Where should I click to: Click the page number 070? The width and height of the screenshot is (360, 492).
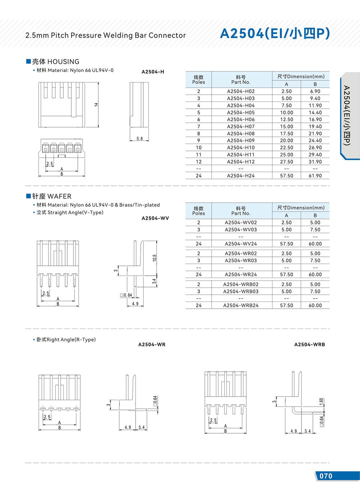[326, 476]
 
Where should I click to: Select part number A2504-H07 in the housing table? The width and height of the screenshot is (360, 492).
[240, 126]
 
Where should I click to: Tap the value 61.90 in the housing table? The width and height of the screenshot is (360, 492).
[315, 176]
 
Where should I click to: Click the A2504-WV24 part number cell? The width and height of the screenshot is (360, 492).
[240, 244]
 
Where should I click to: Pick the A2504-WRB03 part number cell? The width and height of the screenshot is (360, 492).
[240, 291]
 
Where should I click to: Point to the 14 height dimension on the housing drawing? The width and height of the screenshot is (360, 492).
[96, 104]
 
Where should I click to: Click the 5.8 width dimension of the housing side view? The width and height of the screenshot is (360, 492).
[139, 139]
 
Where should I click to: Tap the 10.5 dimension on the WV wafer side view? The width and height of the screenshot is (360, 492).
[154, 258]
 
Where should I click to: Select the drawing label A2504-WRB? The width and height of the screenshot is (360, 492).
[309, 345]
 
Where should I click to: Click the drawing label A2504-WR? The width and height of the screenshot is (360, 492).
[152, 345]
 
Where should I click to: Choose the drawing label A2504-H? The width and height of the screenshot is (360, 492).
[153, 72]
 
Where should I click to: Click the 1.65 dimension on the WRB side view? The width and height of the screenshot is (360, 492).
[321, 401]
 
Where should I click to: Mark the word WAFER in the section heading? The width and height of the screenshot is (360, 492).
[59, 196]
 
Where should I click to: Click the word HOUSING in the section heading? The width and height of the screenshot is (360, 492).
[63, 62]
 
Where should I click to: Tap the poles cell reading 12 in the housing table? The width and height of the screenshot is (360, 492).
[198, 162]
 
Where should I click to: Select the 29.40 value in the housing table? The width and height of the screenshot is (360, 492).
[315, 155]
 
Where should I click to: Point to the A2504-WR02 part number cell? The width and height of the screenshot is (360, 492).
[240, 254]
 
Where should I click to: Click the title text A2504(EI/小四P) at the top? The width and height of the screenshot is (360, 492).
[275, 33]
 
